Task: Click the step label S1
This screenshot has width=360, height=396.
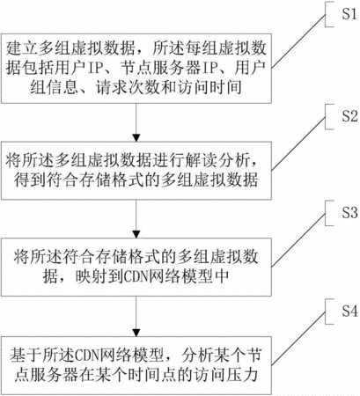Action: pos(349,14)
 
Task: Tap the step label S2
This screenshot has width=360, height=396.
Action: pos(349,116)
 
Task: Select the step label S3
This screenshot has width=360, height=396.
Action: pos(349,212)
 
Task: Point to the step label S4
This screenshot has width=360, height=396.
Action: pos(349,311)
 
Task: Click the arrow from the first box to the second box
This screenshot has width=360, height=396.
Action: pos(136,122)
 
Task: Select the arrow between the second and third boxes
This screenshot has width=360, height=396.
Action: pos(136,219)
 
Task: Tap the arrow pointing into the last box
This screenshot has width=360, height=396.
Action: pos(136,317)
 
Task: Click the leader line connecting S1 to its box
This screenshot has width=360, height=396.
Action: pos(298,41)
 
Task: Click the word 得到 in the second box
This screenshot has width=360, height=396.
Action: pos(30,180)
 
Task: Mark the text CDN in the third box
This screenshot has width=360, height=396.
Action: pos(136,275)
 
